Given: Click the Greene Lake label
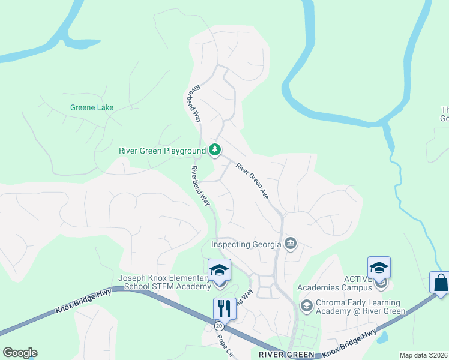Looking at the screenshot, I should (92, 108).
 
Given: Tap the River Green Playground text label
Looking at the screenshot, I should (162, 151).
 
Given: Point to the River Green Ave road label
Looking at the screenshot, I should (252, 181).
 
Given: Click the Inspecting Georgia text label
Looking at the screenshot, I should (246, 244).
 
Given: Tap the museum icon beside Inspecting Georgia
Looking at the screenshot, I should (291, 244).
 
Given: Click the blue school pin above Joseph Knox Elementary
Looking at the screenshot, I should (219, 270).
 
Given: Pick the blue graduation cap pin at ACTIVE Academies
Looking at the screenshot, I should (379, 268).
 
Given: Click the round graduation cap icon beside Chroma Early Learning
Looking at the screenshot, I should (306, 306).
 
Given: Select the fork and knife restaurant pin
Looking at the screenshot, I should (224, 308).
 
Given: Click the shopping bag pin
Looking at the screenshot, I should (440, 283).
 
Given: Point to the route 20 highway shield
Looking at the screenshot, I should (218, 326).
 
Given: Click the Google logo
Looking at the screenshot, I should (20, 353).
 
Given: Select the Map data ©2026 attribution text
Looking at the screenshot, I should (424, 355).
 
